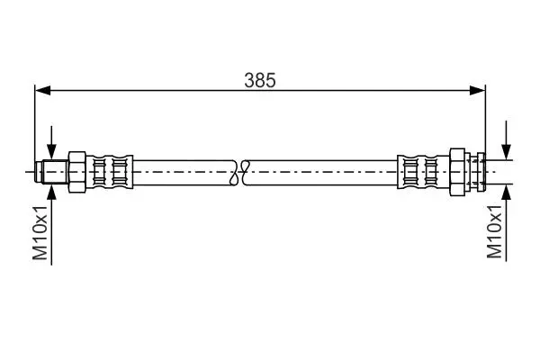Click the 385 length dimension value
(260, 80)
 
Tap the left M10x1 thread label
(40, 233)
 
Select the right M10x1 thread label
(494, 231)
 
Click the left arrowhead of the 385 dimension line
(42, 91)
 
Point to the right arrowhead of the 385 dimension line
(477, 91)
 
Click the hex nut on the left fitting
(77, 172)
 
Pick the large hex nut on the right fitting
(457, 172)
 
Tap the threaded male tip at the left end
(51, 172)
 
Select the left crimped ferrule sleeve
(110, 172)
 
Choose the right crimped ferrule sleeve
(423, 172)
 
